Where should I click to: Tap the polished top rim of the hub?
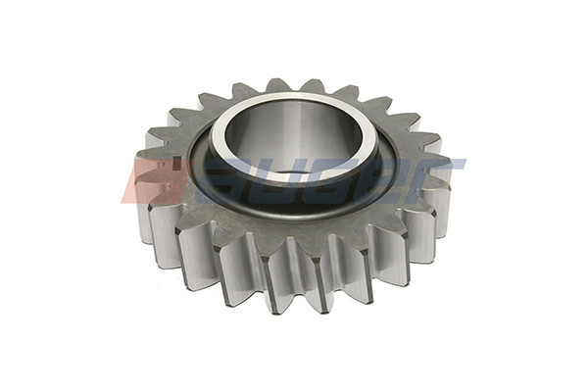[x=294, y=99]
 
